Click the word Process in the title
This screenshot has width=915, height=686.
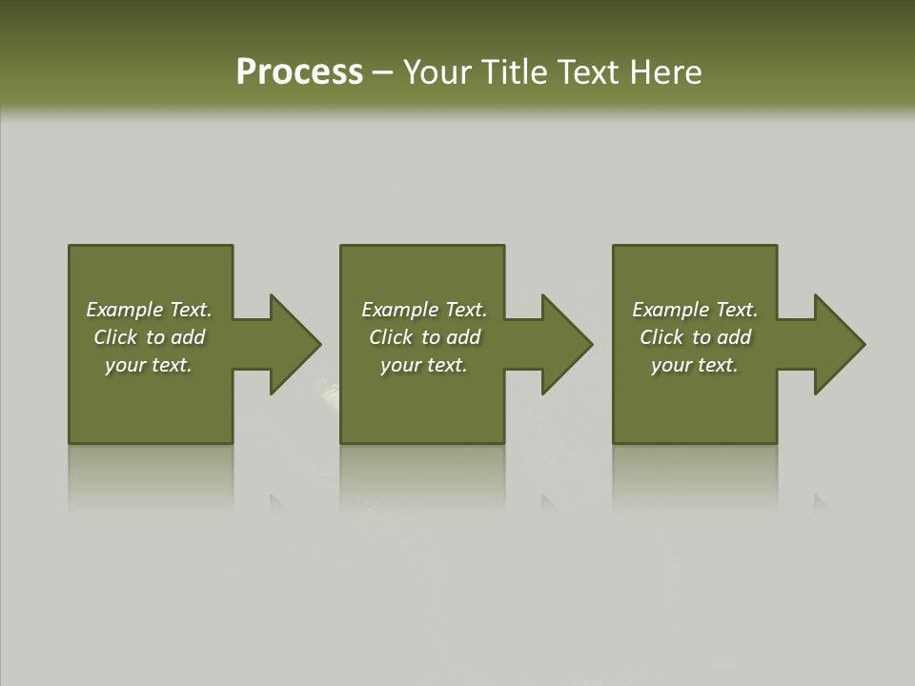(299, 72)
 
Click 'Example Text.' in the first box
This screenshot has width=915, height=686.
(149, 310)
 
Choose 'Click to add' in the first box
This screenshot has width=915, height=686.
(149, 337)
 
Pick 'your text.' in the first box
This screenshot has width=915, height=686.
(149, 365)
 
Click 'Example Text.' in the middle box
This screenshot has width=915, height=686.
(424, 310)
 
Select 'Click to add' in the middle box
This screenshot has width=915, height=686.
(424, 337)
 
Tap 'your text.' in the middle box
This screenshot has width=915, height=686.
(424, 365)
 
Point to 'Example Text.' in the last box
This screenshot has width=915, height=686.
(695, 310)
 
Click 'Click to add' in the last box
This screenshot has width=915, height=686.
(695, 337)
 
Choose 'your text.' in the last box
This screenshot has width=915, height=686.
(695, 365)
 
